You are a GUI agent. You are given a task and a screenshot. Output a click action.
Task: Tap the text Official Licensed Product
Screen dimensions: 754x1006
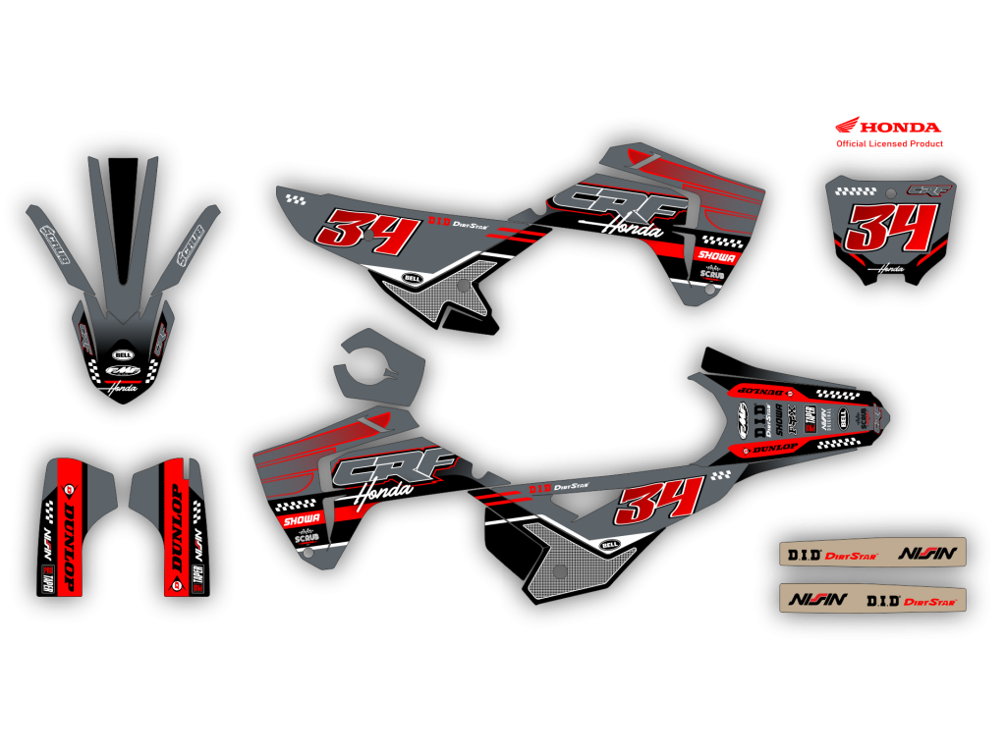pos(889,144)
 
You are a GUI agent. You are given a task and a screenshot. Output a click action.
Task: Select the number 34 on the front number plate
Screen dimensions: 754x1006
pos(888,230)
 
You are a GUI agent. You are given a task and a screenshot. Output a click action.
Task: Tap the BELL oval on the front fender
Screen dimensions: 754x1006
pos(123,355)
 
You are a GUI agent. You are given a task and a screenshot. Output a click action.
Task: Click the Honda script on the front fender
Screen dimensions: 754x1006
pos(123,388)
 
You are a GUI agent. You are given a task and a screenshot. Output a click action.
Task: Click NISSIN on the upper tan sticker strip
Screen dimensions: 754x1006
pos(927,554)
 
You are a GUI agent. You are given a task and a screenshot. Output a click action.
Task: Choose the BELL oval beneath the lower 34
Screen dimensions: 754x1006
pos(609,543)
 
